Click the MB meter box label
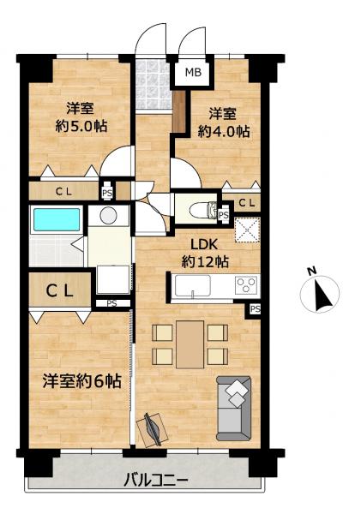(193, 72)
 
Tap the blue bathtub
(57, 219)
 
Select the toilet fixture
(202, 210)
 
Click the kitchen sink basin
(193, 285)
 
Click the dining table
(190, 344)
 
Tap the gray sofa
(234, 408)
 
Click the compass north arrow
(322, 294)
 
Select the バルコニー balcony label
(156, 481)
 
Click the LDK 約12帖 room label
(205, 253)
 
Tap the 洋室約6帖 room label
(82, 381)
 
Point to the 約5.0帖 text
(81, 126)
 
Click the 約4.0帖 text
(224, 131)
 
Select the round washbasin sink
(108, 216)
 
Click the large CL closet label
(59, 290)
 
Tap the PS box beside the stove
(255, 309)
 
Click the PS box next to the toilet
(224, 215)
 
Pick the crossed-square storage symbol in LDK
(248, 230)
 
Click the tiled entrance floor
(153, 86)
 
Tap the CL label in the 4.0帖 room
(246, 203)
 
